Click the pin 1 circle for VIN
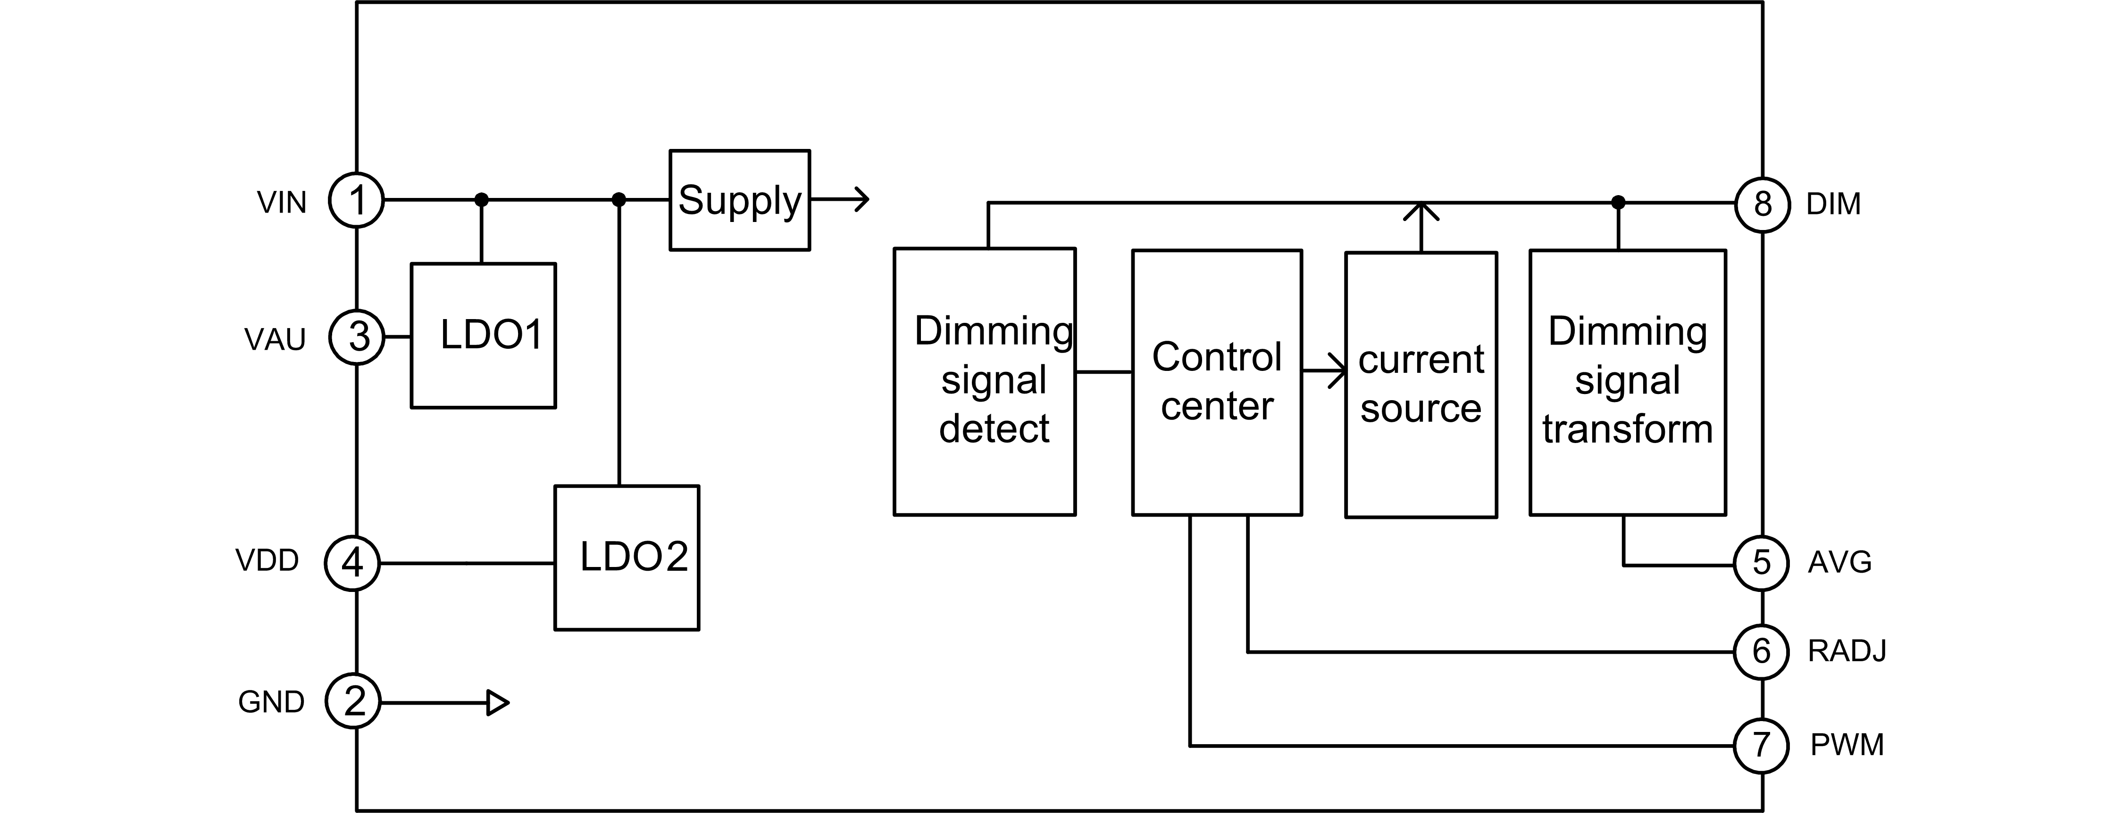[356, 200]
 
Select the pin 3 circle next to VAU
[357, 337]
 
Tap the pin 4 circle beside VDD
[353, 563]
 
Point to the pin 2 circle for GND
[353, 702]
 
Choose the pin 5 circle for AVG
[1761, 563]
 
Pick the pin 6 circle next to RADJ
[1761, 651]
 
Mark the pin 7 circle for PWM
[1761, 746]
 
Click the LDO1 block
[484, 335]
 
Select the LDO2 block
[627, 558]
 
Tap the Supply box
[739, 200]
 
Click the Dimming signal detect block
[985, 381]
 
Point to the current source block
[1421, 385]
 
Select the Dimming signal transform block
[1628, 382]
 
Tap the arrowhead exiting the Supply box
[861, 199]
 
